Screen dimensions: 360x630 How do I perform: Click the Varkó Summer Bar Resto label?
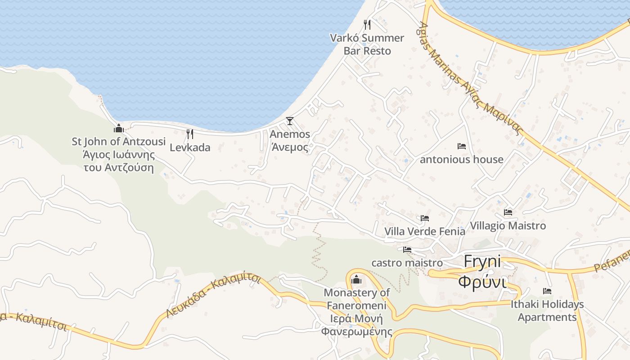pyautogui.click(x=367, y=44)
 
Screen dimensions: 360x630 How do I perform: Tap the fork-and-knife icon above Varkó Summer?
pyautogui.click(x=367, y=24)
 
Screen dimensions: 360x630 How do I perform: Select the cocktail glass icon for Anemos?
pyautogui.click(x=290, y=121)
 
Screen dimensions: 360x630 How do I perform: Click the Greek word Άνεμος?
pyautogui.click(x=290, y=147)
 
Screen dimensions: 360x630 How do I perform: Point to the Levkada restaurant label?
pyautogui.click(x=190, y=147)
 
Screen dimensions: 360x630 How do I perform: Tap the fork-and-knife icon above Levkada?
pyautogui.click(x=190, y=134)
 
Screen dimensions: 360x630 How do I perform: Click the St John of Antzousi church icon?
pyautogui.click(x=119, y=128)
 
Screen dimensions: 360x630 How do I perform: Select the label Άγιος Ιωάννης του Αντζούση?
pyautogui.click(x=119, y=162)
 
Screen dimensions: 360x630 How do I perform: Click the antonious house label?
pyautogui.click(x=462, y=159)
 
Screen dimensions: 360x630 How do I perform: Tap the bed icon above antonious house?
pyautogui.click(x=462, y=146)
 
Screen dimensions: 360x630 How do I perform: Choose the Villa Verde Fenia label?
pyautogui.click(x=425, y=231)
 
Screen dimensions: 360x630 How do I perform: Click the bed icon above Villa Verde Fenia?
pyautogui.click(x=425, y=218)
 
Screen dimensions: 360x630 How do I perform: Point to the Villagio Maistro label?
pyautogui.click(x=508, y=225)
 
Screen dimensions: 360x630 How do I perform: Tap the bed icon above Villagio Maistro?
pyautogui.click(x=508, y=212)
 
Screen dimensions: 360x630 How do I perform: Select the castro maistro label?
pyautogui.click(x=407, y=262)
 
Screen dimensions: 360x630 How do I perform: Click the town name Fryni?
pyautogui.click(x=482, y=261)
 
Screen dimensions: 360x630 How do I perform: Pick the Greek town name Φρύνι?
pyautogui.click(x=482, y=282)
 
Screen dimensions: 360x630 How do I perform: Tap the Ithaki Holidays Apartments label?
pyautogui.click(x=547, y=310)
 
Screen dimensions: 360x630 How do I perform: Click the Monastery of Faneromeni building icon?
pyautogui.click(x=356, y=279)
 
